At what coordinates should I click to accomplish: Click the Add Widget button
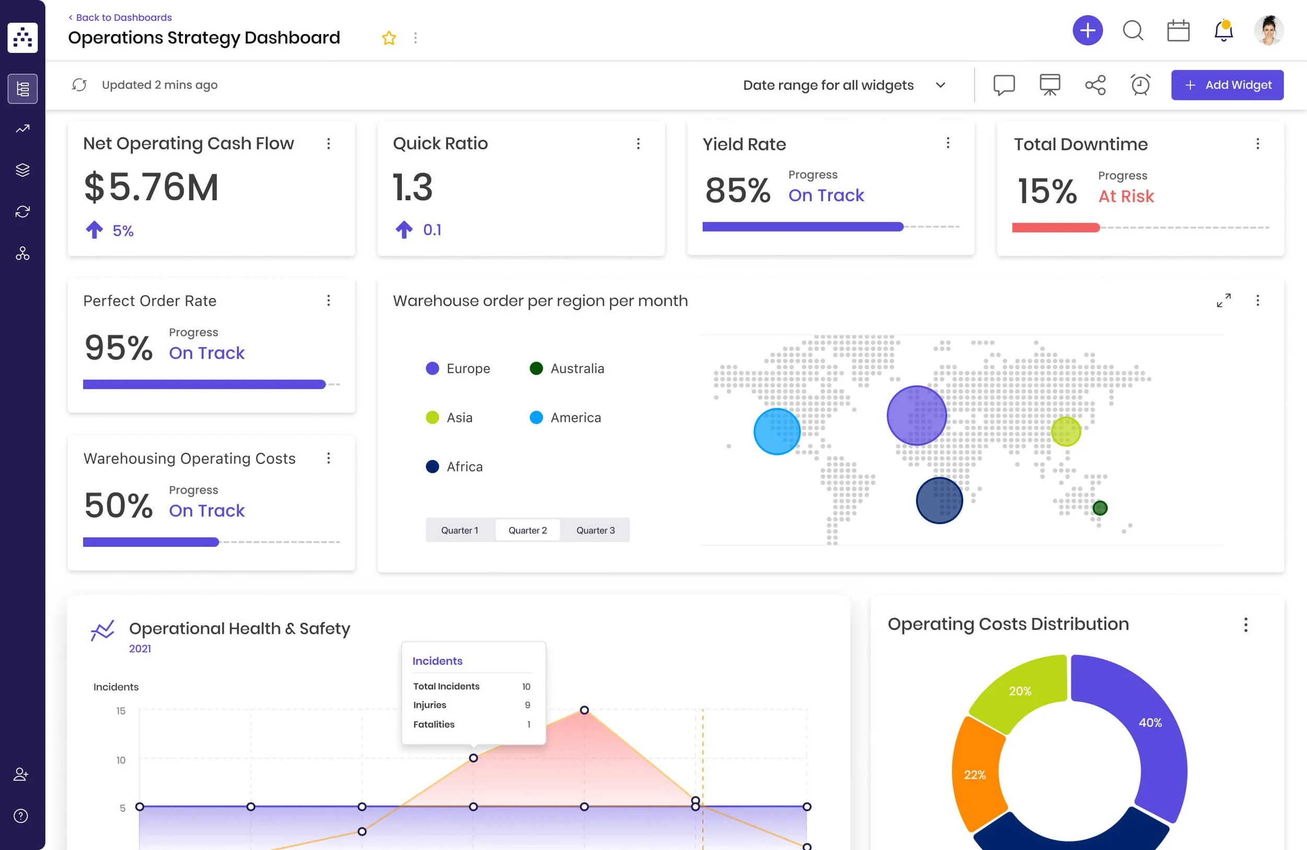[1227, 85]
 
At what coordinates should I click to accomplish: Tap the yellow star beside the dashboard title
[389, 38]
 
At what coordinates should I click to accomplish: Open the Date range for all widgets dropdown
[843, 85]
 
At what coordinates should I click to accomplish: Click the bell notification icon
[1223, 31]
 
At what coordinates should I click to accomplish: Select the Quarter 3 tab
[595, 530]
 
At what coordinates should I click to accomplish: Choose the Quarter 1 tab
[460, 530]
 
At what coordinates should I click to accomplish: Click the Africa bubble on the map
[939, 500]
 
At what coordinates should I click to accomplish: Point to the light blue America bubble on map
[776, 431]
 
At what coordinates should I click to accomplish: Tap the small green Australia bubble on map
[1099, 508]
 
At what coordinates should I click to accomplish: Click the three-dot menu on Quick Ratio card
[638, 143]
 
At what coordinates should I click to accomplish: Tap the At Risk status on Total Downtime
[1126, 196]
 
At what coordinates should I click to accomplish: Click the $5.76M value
[152, 187]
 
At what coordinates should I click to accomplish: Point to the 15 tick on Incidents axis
[121, 710]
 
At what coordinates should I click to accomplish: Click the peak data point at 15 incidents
[584, 710]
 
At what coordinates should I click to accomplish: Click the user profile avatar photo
[1268, 31]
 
